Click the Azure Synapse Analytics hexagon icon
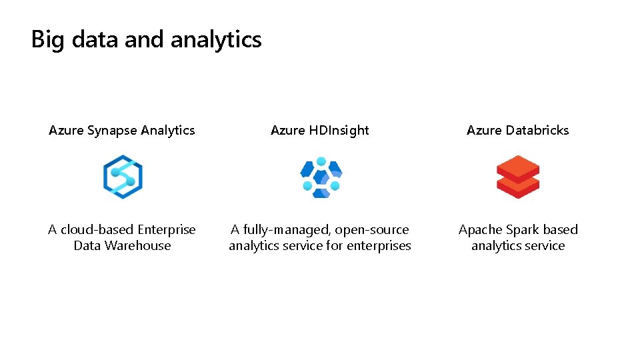coord(123,177)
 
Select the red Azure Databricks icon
coord(518,177)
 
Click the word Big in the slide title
coord(47,39)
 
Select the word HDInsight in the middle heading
coord(339,130)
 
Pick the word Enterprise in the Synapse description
coord(167,229)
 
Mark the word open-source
coord(372,229)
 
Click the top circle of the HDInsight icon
coord(321,162)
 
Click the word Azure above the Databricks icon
coord(483,130)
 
